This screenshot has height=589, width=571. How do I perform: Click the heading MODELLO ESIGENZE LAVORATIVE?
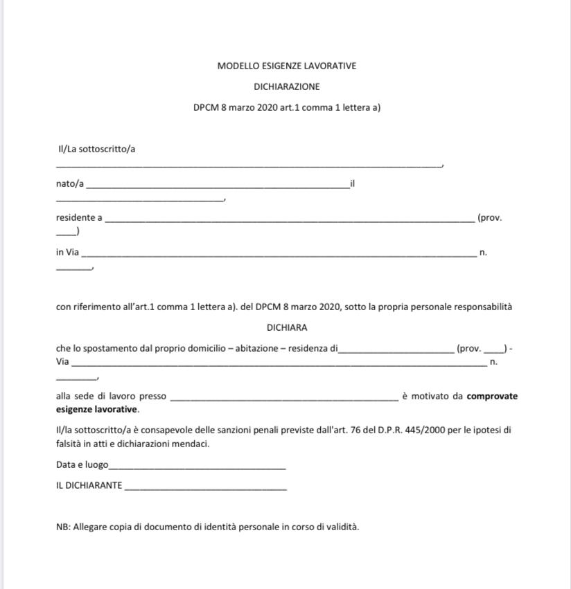[x=286, y=66]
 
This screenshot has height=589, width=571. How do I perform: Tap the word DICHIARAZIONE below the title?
[x=286, y=87]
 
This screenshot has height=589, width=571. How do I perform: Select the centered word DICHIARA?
[x=286, y=327]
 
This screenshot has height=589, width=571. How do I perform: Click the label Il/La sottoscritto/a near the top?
[x=96, y=149]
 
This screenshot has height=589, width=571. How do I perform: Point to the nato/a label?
[x=70, y=184]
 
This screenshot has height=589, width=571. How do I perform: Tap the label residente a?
[x=79, y=218]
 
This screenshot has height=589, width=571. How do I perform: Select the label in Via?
[x=67, y=253]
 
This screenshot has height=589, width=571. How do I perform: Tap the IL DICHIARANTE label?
[x=89, y=486]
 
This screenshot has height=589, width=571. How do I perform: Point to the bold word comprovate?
[x=492, y=397]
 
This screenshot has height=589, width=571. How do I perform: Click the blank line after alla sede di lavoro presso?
[x=283, y=399]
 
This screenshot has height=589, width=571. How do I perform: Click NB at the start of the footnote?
[x=62, y=527]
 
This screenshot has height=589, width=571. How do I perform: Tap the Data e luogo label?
[x=82, y=465]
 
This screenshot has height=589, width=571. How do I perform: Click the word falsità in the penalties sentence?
[x=71, y=444]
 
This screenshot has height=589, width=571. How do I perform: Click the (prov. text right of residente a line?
[x=489, y=218]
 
